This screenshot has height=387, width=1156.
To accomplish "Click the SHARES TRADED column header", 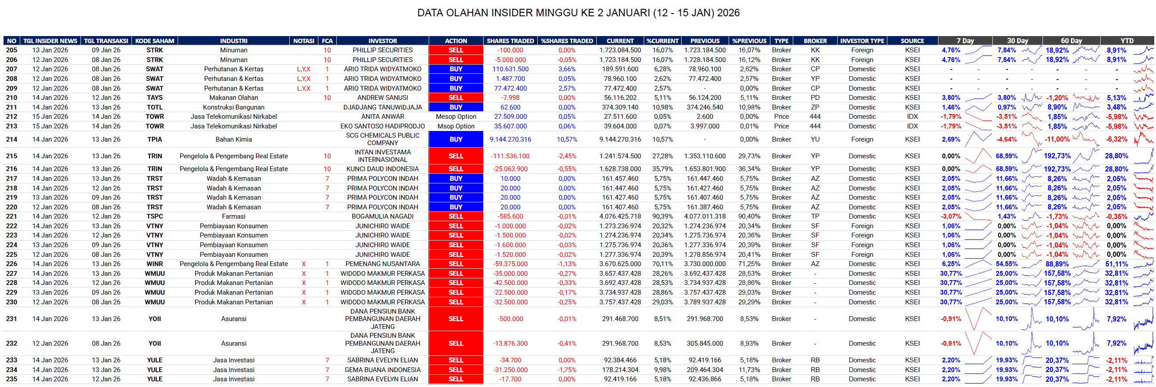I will pyautogui.click(x=510, y=41).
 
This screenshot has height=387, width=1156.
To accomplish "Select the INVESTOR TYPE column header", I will pyautogui.click(x=862, y=41).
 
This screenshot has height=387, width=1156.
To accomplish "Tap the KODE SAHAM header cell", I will pyautogui.click(x=154, y=41).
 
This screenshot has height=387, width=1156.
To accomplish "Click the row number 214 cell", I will pyautogui.click(x=12, y=139).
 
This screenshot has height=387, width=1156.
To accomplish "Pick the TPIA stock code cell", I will pyautogui.click(x=154, y=139).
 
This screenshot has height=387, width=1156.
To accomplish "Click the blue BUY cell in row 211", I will pyautogui.click(x=456, y=107).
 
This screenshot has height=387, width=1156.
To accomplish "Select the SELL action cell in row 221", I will pyautogui.click(x=456, y=216).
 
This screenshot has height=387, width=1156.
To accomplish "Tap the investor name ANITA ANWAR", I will pyautogui.click(x=383, y=117).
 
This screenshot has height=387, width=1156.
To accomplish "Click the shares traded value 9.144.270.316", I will pyautogui.click(x=510, y=139).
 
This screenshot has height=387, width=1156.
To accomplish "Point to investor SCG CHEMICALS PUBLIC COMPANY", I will pyautogui.click(x=383, y=139).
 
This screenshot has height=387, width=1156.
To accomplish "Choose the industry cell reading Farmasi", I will pyautogui.click(x=233, y=216).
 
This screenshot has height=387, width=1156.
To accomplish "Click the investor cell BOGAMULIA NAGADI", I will pyautogui.click(x=383, y=216).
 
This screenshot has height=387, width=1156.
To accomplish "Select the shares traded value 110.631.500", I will pyautogui.click(x=510, y=69).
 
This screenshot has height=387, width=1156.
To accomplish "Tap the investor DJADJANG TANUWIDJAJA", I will pyautogui.click(x=383, y=107).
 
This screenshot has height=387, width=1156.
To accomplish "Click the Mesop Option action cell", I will pyautogui.click(x=456, y=117).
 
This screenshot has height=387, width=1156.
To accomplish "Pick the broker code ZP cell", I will pyautogui.click(x=815, y=107).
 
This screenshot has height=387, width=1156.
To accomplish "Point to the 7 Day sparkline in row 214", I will pyautogui.click(x=978, y=139).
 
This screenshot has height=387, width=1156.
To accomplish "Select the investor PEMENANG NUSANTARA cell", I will pyautogui.click(x=383, y=264).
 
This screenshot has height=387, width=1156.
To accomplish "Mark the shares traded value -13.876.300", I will pyautogui.click(x=510, y=343).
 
